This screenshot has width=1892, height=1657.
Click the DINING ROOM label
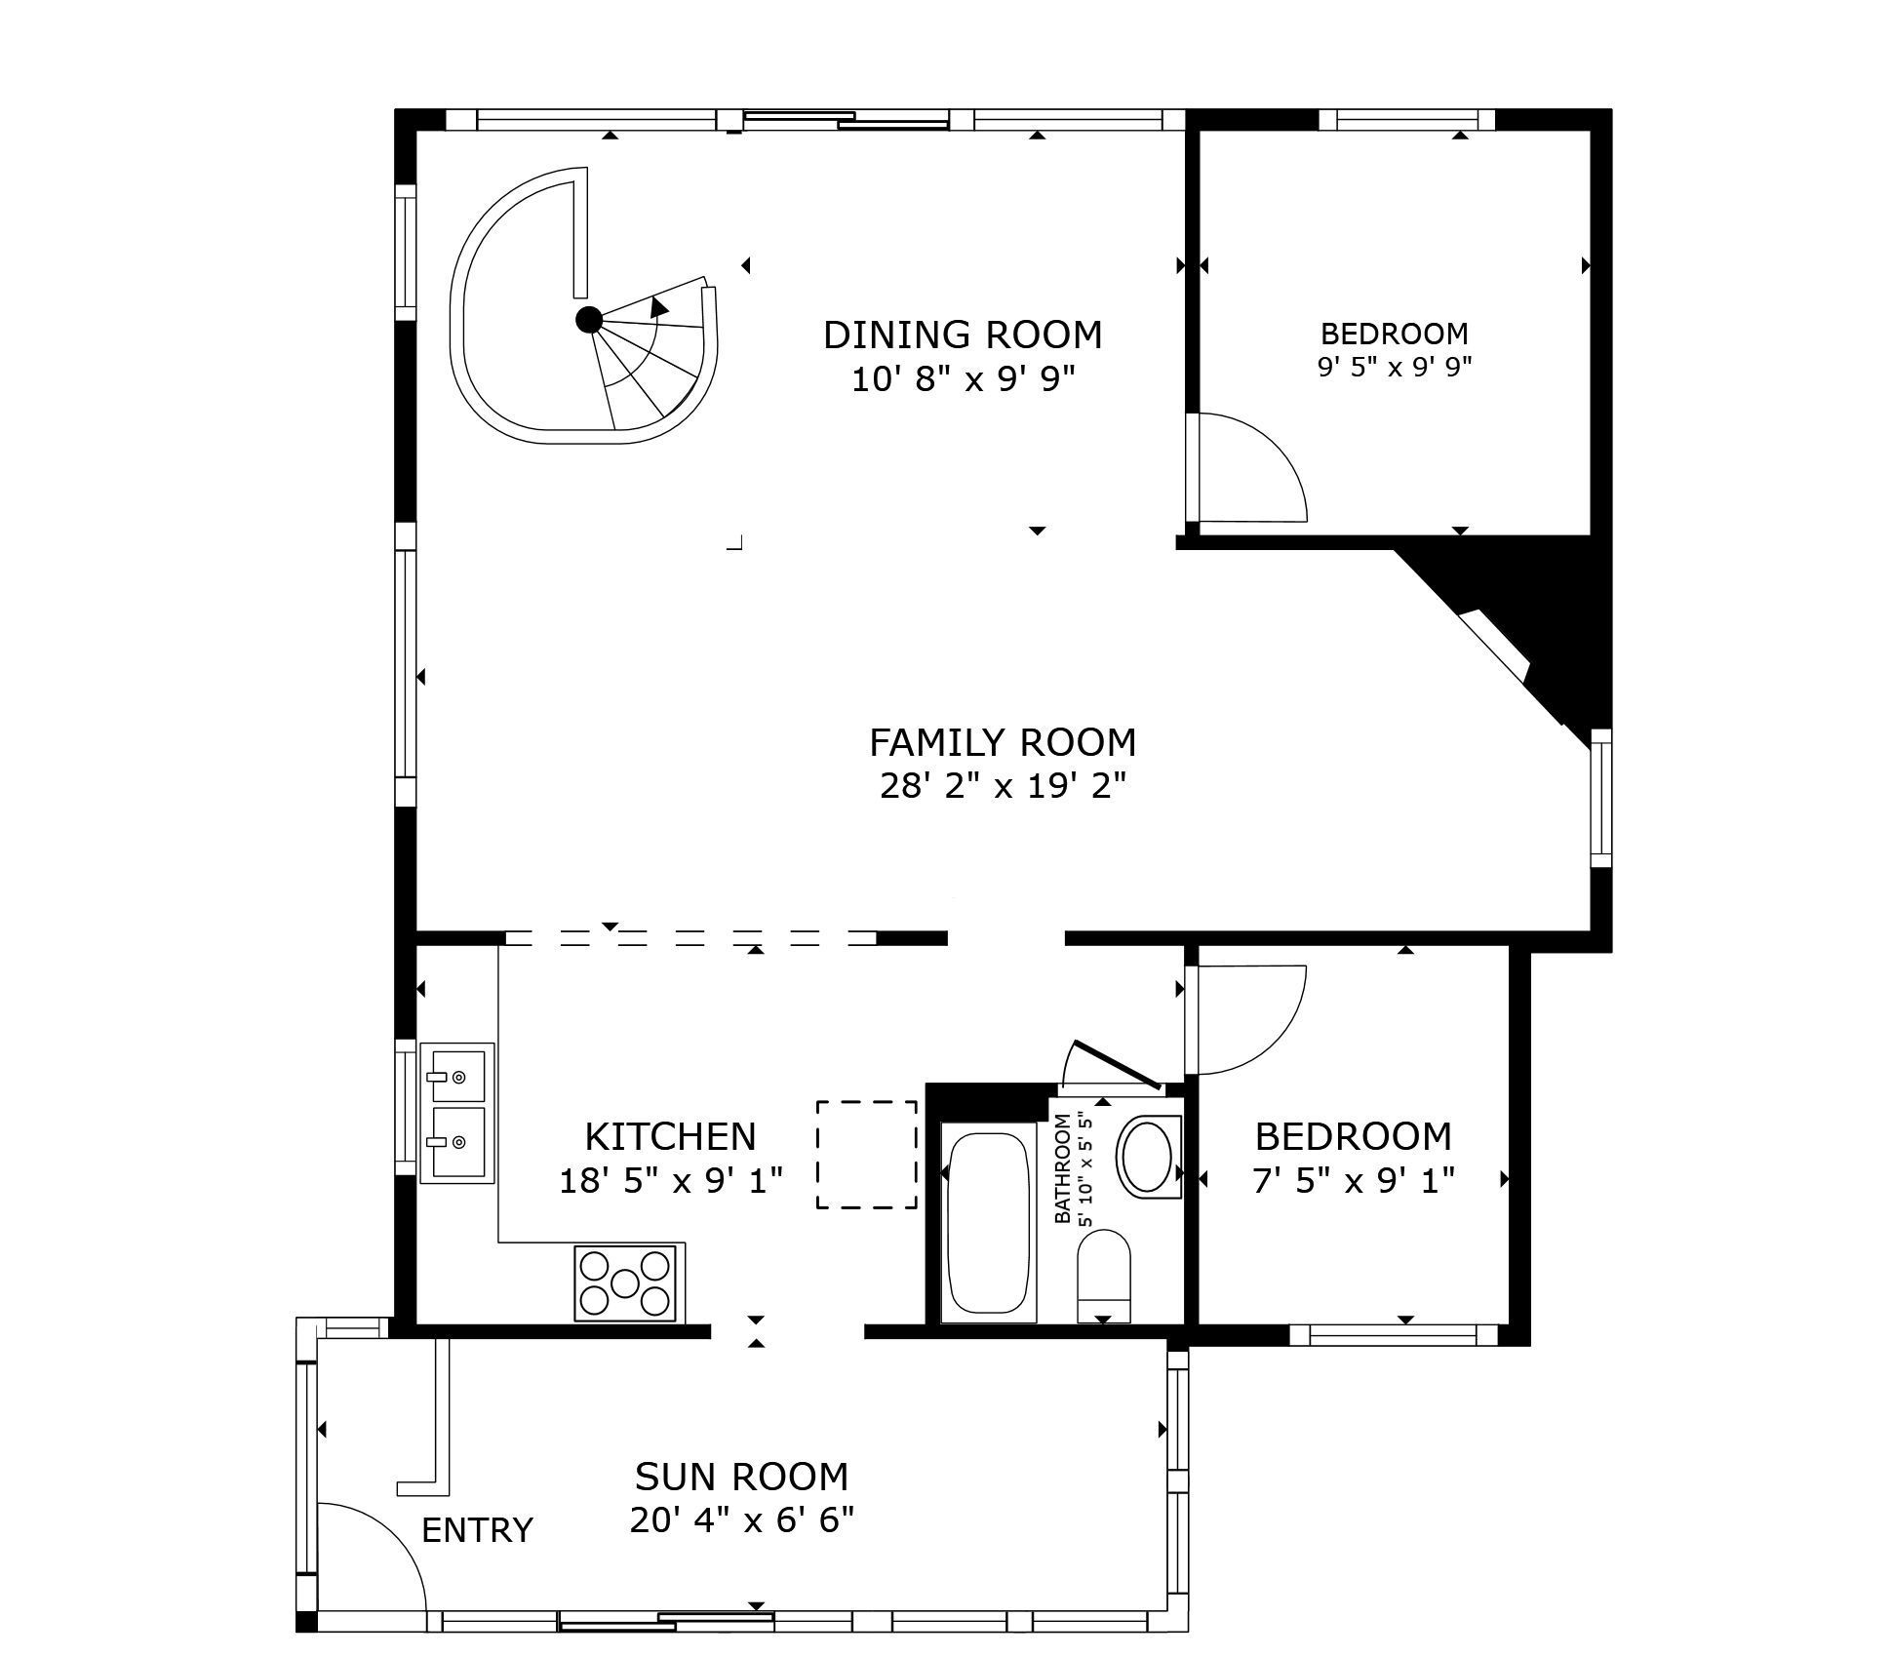pos(963,335)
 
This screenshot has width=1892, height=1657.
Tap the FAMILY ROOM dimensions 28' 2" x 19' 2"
pos(1003,785)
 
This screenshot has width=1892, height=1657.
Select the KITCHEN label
pos(670,1136)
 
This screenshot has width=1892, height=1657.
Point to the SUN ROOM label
pos(741,1477)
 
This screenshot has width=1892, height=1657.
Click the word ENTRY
pos(477,1530)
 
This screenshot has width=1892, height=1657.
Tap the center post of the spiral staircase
pos(589,320)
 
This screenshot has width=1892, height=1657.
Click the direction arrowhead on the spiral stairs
pos(659,306)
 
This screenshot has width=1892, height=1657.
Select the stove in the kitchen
pos(625,1282)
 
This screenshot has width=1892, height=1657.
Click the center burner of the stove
pos(625,1282)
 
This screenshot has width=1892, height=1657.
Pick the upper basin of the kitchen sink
pos(457,1076)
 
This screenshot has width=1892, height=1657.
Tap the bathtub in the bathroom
pos(988,1221)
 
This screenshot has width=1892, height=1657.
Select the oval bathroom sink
pos(1148,1157)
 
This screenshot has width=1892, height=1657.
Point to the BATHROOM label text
pos(1063,1168)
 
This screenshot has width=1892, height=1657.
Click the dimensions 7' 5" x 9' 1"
pos(1354,1181)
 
